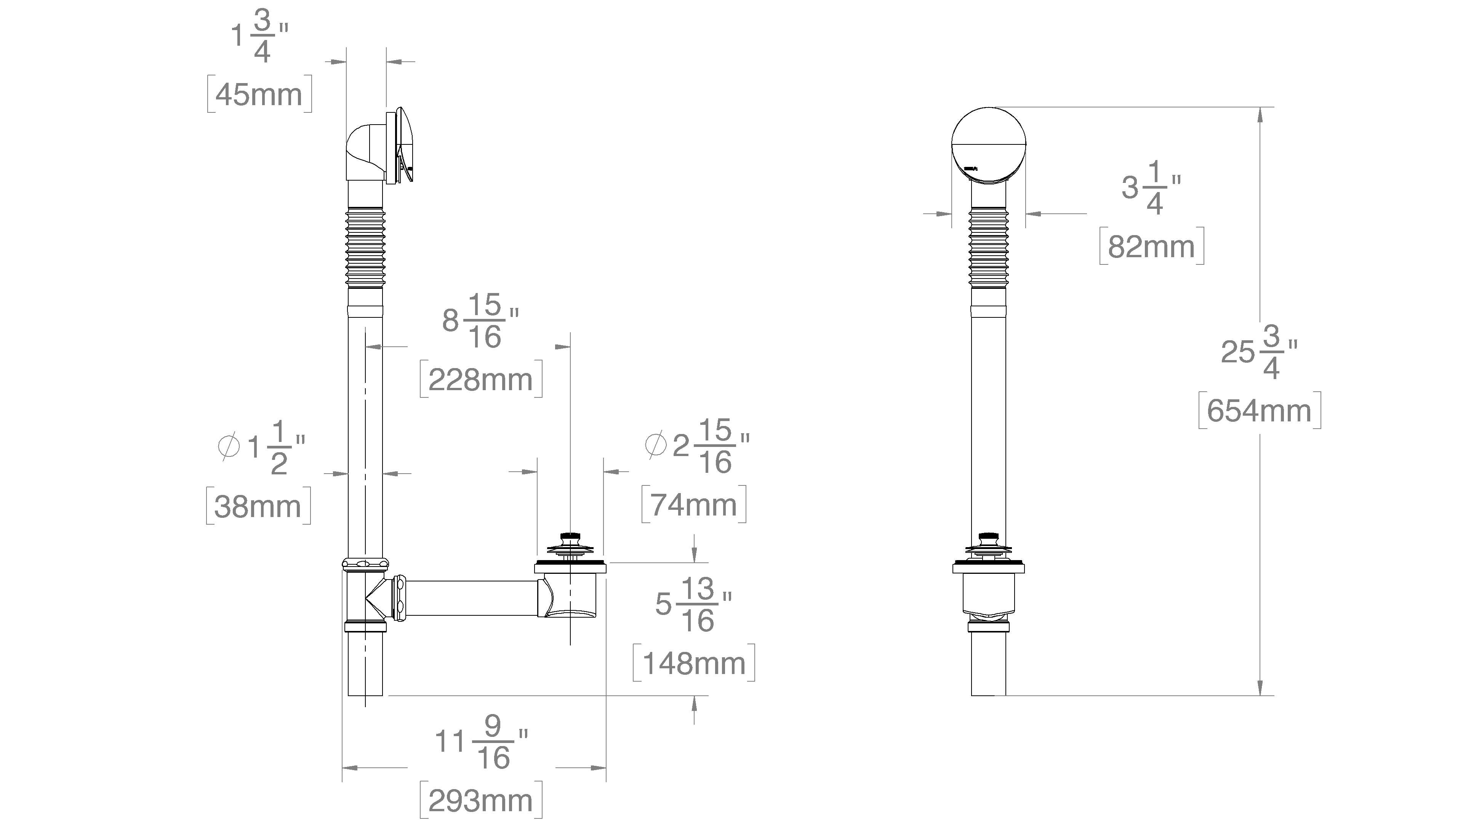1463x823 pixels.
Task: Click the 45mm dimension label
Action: (x=259, y=94)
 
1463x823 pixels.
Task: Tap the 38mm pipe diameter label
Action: (x=258, y=506)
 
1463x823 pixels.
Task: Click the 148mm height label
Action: (x=693, y=663)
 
